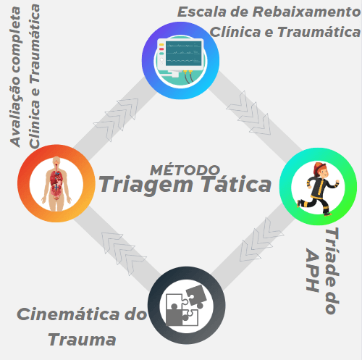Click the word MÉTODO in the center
point(185,169)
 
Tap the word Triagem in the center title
point(146,185)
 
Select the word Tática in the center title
point(237,183)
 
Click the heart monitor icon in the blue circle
point(180,60)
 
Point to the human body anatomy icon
point(56,184)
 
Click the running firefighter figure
point(318,189)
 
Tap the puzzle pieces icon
point(186,306)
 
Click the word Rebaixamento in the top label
point(306,12)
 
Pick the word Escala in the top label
point(202,12)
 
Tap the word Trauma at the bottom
point(82,340)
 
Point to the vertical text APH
point(313,270)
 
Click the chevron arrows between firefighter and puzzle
point(261,240)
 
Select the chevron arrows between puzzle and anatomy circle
point(124,254)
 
